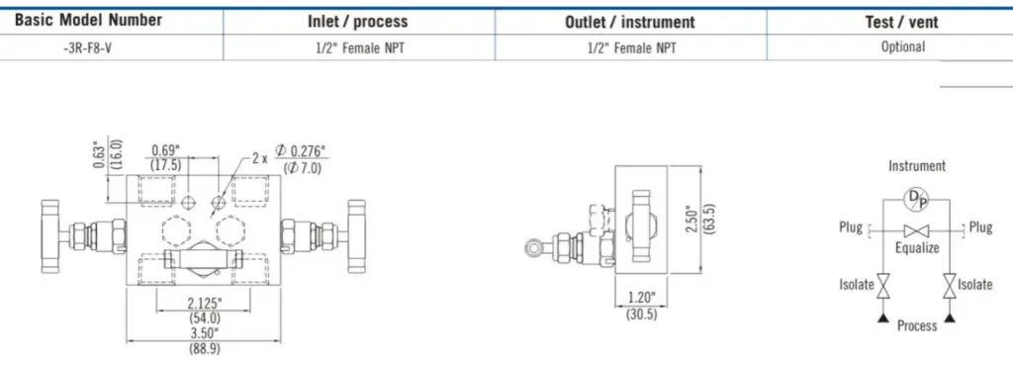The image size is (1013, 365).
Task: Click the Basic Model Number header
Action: tap(88, 20)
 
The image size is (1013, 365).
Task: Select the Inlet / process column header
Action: tap(358, 22)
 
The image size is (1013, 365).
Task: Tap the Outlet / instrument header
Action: tap(630, 22)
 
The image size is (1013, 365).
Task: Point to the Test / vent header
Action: tap(902, 23)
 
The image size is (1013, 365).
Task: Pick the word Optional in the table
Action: tap(902, 47)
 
